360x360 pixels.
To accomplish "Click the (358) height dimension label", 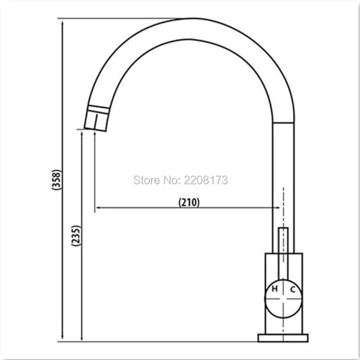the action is coord(57,180).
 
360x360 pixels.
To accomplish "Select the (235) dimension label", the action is coord(76,235).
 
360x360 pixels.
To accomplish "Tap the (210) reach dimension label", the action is coord(189,202).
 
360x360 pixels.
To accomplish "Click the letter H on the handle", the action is coord(274,289).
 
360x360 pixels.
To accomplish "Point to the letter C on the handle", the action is coord(292,289).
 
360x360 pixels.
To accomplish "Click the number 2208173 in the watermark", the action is coord(206,180).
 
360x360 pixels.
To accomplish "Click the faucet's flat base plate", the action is coord(283,338).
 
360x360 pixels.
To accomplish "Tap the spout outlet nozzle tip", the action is coord(96,122).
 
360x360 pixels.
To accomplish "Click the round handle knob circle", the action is coord(283,298).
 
